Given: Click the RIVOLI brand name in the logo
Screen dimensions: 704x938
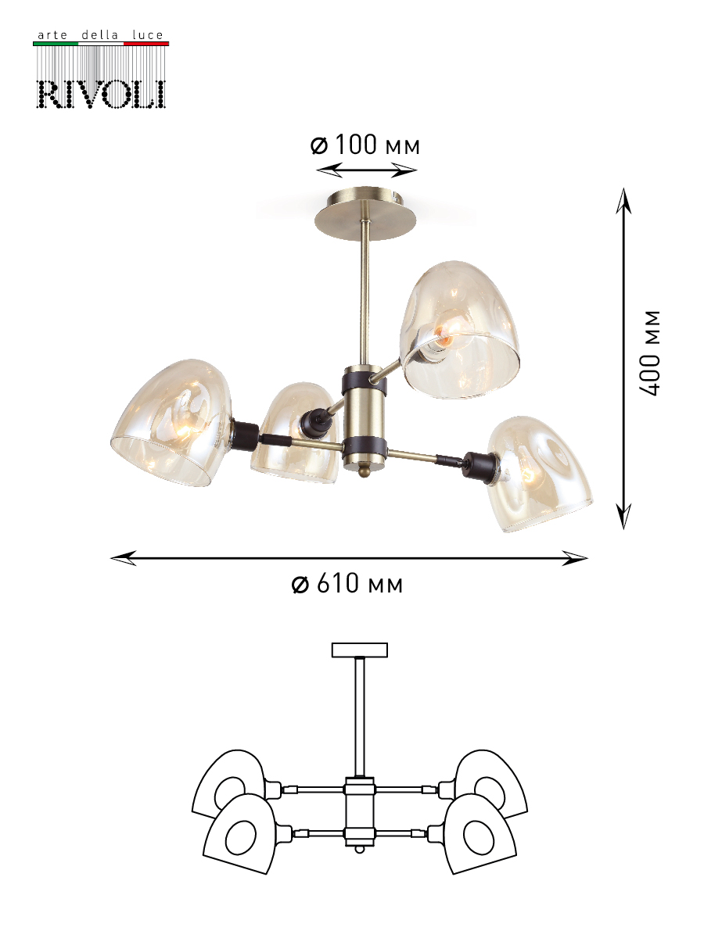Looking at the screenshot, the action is pos(101,94).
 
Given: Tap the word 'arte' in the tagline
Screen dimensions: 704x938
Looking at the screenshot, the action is pos(52,35).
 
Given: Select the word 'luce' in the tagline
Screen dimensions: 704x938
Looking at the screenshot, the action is pos(148,35).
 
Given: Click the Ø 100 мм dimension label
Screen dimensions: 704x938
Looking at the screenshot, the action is pos(365,145).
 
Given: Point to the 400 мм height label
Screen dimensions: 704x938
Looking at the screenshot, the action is pos(650,353).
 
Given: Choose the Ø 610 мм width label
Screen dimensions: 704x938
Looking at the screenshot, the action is pos(347,583).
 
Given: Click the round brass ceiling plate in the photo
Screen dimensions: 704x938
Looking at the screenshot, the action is pos(365,213).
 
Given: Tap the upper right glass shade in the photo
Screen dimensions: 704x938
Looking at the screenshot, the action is pos(460,330).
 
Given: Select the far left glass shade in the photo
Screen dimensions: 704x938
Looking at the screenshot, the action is pos(172,422).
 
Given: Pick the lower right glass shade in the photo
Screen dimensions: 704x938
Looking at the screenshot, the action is pos(540,474).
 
